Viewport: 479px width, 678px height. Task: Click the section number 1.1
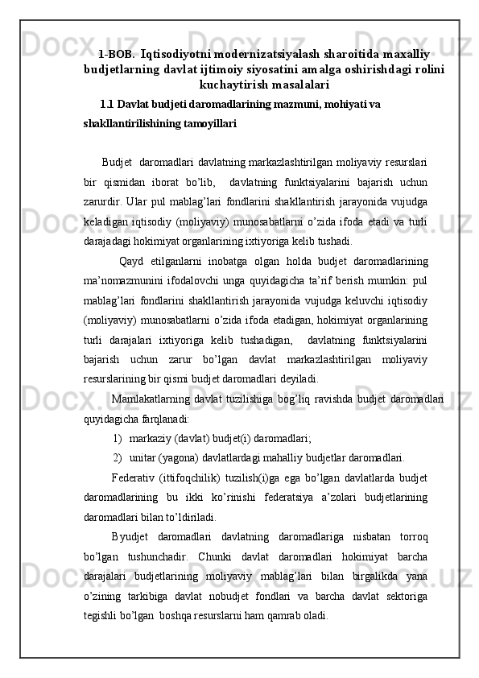106,104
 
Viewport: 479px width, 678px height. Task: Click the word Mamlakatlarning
151,399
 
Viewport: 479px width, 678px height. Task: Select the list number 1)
118,438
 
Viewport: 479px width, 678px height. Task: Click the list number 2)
118,458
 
